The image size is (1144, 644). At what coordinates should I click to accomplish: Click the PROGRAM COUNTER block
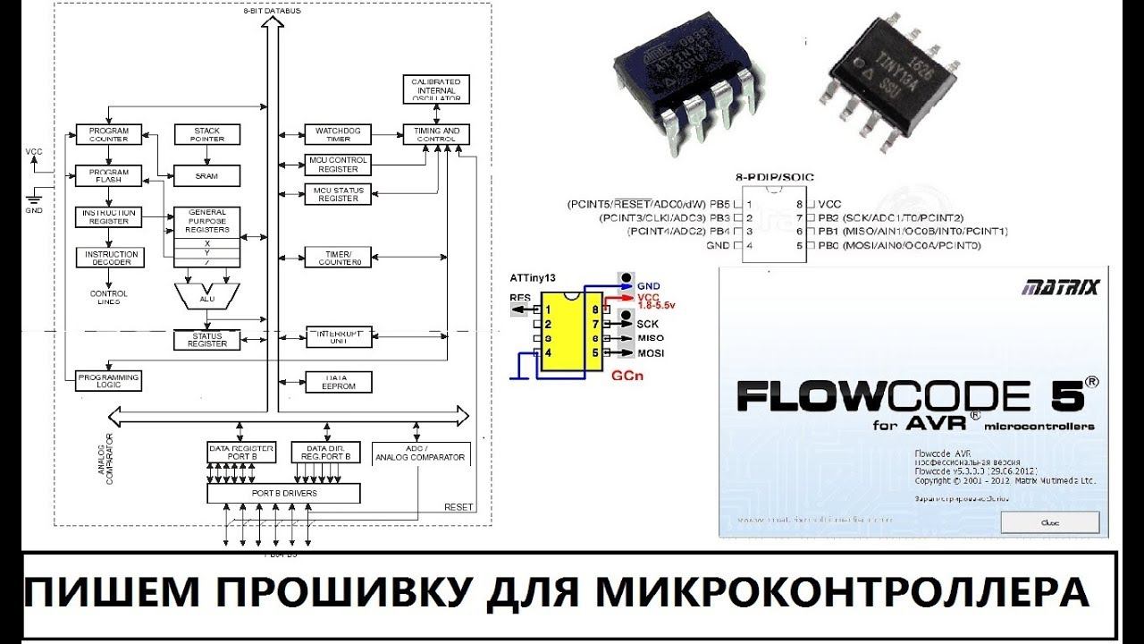[109, 135]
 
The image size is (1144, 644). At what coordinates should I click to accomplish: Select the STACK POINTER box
[207, 135]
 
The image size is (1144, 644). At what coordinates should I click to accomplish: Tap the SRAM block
[207, 176]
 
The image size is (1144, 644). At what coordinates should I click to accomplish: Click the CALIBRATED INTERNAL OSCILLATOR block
[435, 88]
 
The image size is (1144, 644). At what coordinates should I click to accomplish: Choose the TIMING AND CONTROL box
[435, 135]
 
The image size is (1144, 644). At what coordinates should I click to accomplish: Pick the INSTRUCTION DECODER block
[109, 258]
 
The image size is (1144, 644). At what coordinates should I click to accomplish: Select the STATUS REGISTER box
[206, 340]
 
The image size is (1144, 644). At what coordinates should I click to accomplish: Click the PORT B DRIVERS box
[282, 493]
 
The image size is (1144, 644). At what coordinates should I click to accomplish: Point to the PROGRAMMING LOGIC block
[109, 381]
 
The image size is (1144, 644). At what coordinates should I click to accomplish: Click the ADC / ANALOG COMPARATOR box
[420, 453]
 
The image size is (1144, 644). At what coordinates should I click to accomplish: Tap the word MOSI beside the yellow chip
[649, 353]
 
